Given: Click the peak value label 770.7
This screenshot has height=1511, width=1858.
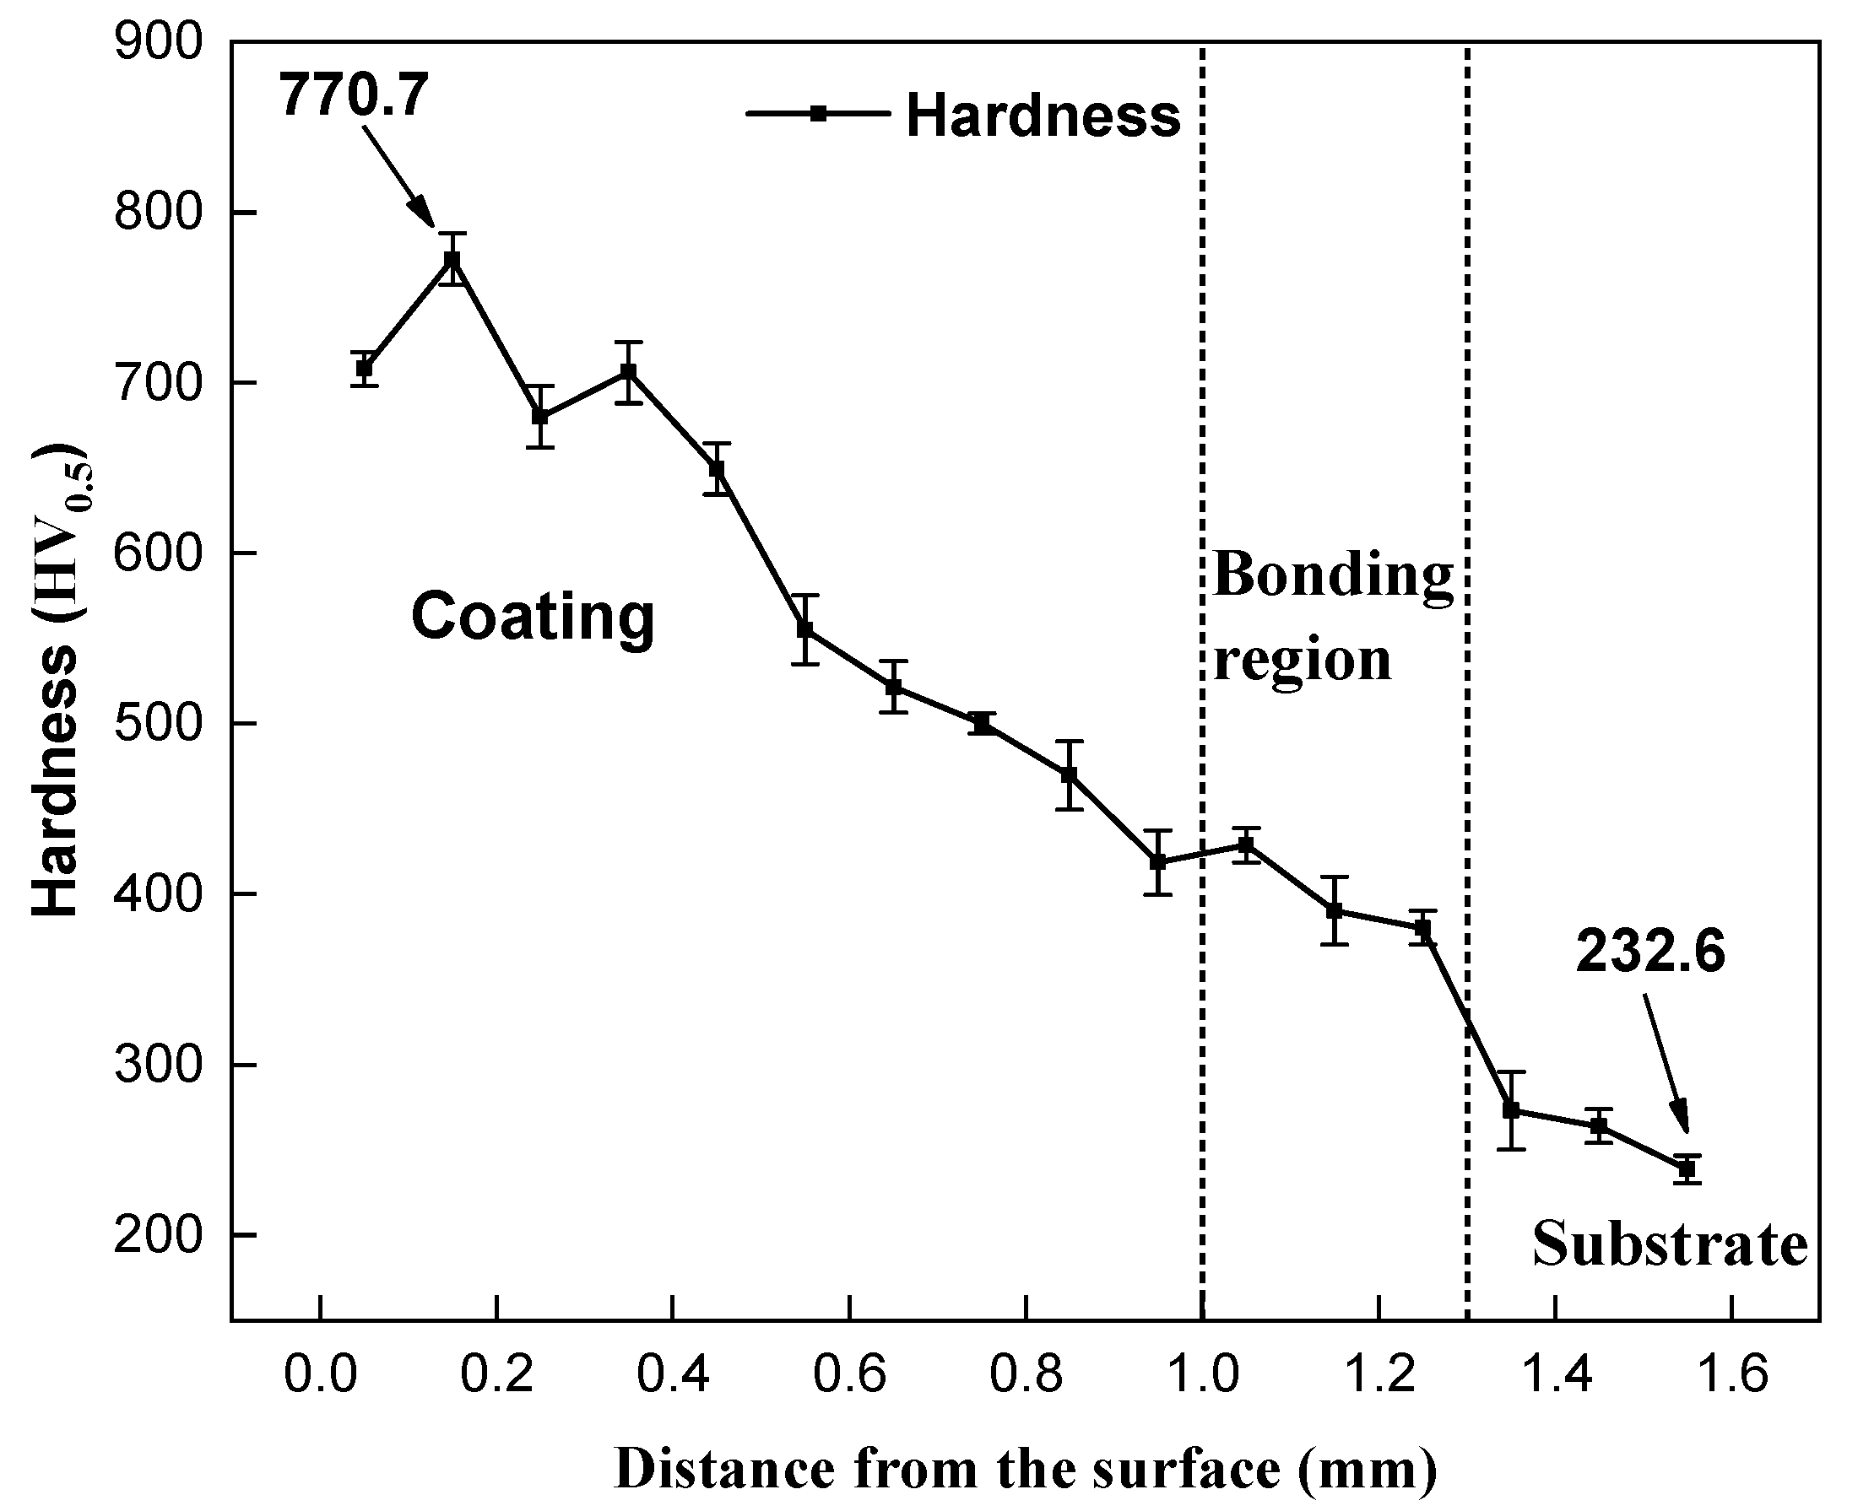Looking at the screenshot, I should pyautogui.click(x=354, y=94).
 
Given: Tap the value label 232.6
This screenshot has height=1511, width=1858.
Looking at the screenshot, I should pyautogui.click(x=1649, y=952).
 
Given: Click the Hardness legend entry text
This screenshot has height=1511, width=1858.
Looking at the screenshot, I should pyautogui.click(x=1043, y=116).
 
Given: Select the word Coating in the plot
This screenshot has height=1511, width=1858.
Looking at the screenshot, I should pyautogui.click(x=532, y=616).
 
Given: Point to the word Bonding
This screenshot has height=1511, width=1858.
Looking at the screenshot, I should pyautogui.click(x=1332, y=575).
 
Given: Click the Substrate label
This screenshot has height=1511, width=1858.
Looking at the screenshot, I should pyautogui.click(x=1670, y=1244).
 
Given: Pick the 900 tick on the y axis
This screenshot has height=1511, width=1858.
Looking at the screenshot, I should pyautogui.click(x=158, y=42).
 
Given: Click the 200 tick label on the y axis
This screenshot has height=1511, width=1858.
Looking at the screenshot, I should pyautogui.click(x=158, y=1234).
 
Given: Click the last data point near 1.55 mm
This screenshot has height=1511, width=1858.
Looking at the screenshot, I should pyautogui.click(x=1687, y=1169).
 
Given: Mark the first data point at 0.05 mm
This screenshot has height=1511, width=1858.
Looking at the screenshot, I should pyautogui.click(x=364, y=368).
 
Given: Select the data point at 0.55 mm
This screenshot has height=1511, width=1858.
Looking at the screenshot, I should pyautogui.click(x=805, y=629).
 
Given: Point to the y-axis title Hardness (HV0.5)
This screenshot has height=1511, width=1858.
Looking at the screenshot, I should pyautogui.click(x=57, y=681).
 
